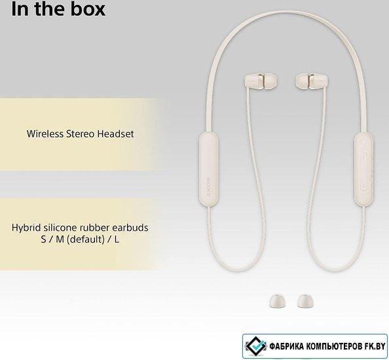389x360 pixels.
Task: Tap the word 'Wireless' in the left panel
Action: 45,134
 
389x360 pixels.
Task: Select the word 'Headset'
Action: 115,134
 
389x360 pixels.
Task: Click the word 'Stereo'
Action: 81,134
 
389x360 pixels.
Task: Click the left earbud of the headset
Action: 261,81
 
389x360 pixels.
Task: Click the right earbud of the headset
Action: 312,81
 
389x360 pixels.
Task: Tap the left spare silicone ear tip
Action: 277,300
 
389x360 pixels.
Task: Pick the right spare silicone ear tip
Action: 305,300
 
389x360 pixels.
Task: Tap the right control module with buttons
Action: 363,169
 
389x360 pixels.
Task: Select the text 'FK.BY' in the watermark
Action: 375,346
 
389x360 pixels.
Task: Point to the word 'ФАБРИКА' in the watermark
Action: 287,346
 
